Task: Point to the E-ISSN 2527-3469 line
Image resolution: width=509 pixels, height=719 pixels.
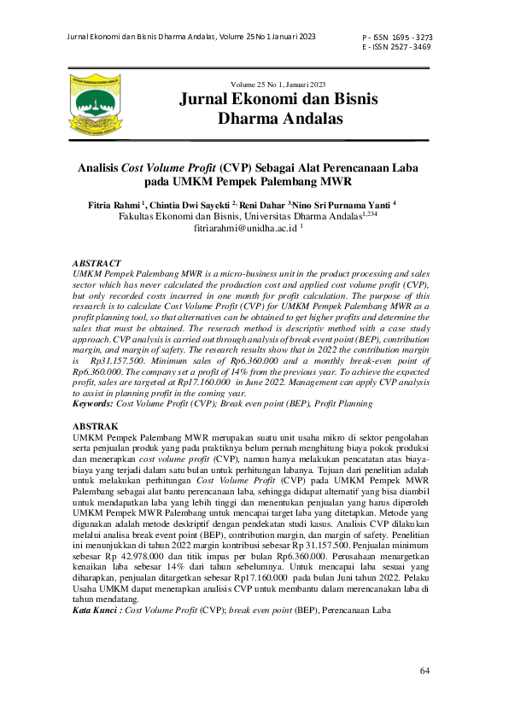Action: [x=396, y=48]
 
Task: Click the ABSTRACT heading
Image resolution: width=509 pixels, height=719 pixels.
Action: [x=97, y=263]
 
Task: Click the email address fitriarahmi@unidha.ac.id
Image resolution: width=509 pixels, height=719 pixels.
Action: [x=246, y=230]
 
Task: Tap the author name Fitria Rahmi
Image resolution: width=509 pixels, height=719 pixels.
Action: [x=115, y=206]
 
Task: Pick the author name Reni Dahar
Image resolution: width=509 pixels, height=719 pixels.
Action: [x=262, y=206]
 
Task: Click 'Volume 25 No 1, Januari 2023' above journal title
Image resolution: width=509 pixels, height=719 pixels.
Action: [x=278, y=84]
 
